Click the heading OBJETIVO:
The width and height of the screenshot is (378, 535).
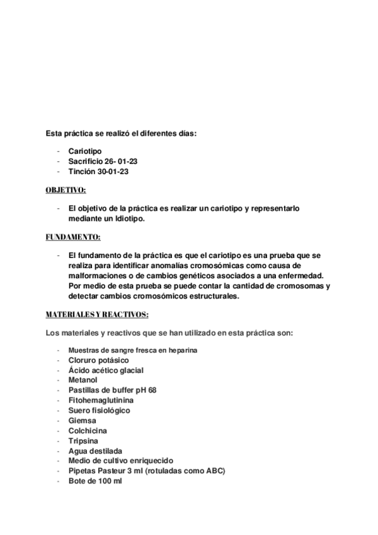[66, 190]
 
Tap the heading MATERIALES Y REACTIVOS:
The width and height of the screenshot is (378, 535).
[97, 314]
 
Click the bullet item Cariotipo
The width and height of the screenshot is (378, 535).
[85, 151]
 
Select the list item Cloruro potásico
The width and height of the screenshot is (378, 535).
[98, 360]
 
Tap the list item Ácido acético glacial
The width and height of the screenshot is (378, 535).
[106, 370]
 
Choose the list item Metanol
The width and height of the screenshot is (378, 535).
[83, 380]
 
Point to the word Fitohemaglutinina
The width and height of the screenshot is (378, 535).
[101, 400]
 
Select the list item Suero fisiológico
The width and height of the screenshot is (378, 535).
[100, 410]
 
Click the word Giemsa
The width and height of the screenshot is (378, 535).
[83, 420]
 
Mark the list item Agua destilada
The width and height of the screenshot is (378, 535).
[95, 450]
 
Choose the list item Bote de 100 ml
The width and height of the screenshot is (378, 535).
[95, 481]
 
